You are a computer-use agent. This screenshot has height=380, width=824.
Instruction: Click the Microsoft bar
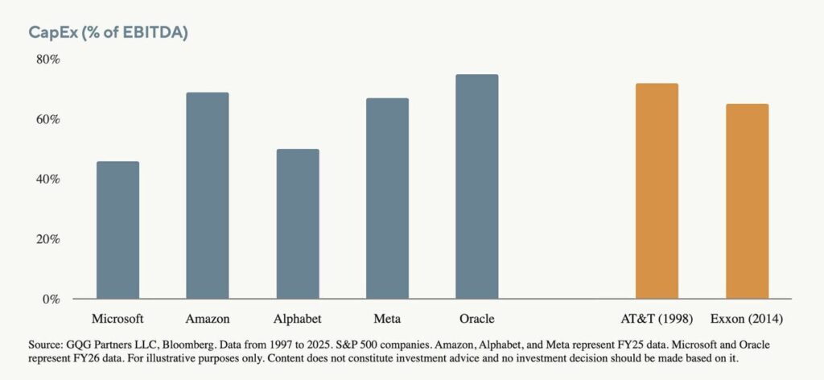117,230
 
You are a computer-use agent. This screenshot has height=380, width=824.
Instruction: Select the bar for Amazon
208,196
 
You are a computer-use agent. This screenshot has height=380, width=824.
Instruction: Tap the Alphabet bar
298,224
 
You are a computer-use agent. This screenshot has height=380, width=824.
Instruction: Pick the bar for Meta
387,199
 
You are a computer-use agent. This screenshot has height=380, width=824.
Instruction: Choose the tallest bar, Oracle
477,187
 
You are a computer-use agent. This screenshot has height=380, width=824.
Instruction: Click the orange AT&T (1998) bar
657,192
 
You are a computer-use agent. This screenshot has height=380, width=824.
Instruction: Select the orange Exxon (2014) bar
747,201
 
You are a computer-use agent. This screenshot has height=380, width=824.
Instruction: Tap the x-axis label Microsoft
117,318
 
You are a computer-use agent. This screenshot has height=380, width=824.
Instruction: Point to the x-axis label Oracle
477,318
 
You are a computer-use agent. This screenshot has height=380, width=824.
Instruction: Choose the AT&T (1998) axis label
657,318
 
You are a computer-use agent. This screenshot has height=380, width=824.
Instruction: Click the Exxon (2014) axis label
747,318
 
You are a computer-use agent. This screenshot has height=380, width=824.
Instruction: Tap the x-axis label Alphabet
298,318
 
